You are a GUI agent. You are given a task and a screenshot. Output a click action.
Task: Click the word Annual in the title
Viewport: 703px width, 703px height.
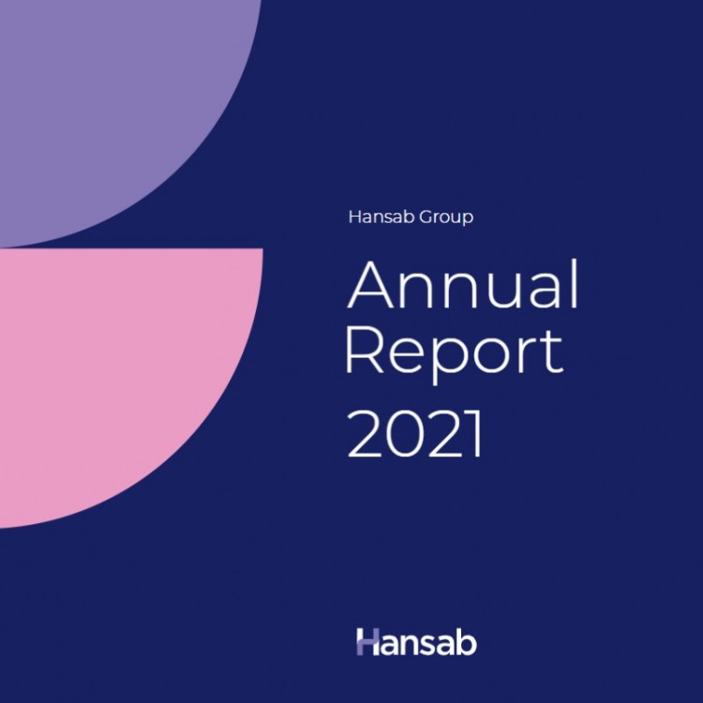tap(463, 284)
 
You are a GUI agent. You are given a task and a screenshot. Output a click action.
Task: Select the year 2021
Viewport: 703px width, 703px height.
tap(414, 434)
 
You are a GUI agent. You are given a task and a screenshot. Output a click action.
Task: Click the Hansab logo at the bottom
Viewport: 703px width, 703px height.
tap(416, 641)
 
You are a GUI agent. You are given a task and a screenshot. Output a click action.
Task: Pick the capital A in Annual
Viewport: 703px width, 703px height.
tap(371, 284)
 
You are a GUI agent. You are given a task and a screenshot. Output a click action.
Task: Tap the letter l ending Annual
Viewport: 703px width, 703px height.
tap(575, 284)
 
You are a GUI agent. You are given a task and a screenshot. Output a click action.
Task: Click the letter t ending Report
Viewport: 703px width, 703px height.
tap(553, 352)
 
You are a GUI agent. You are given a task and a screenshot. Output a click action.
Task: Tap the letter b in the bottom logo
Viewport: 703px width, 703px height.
tap(466, 641)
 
